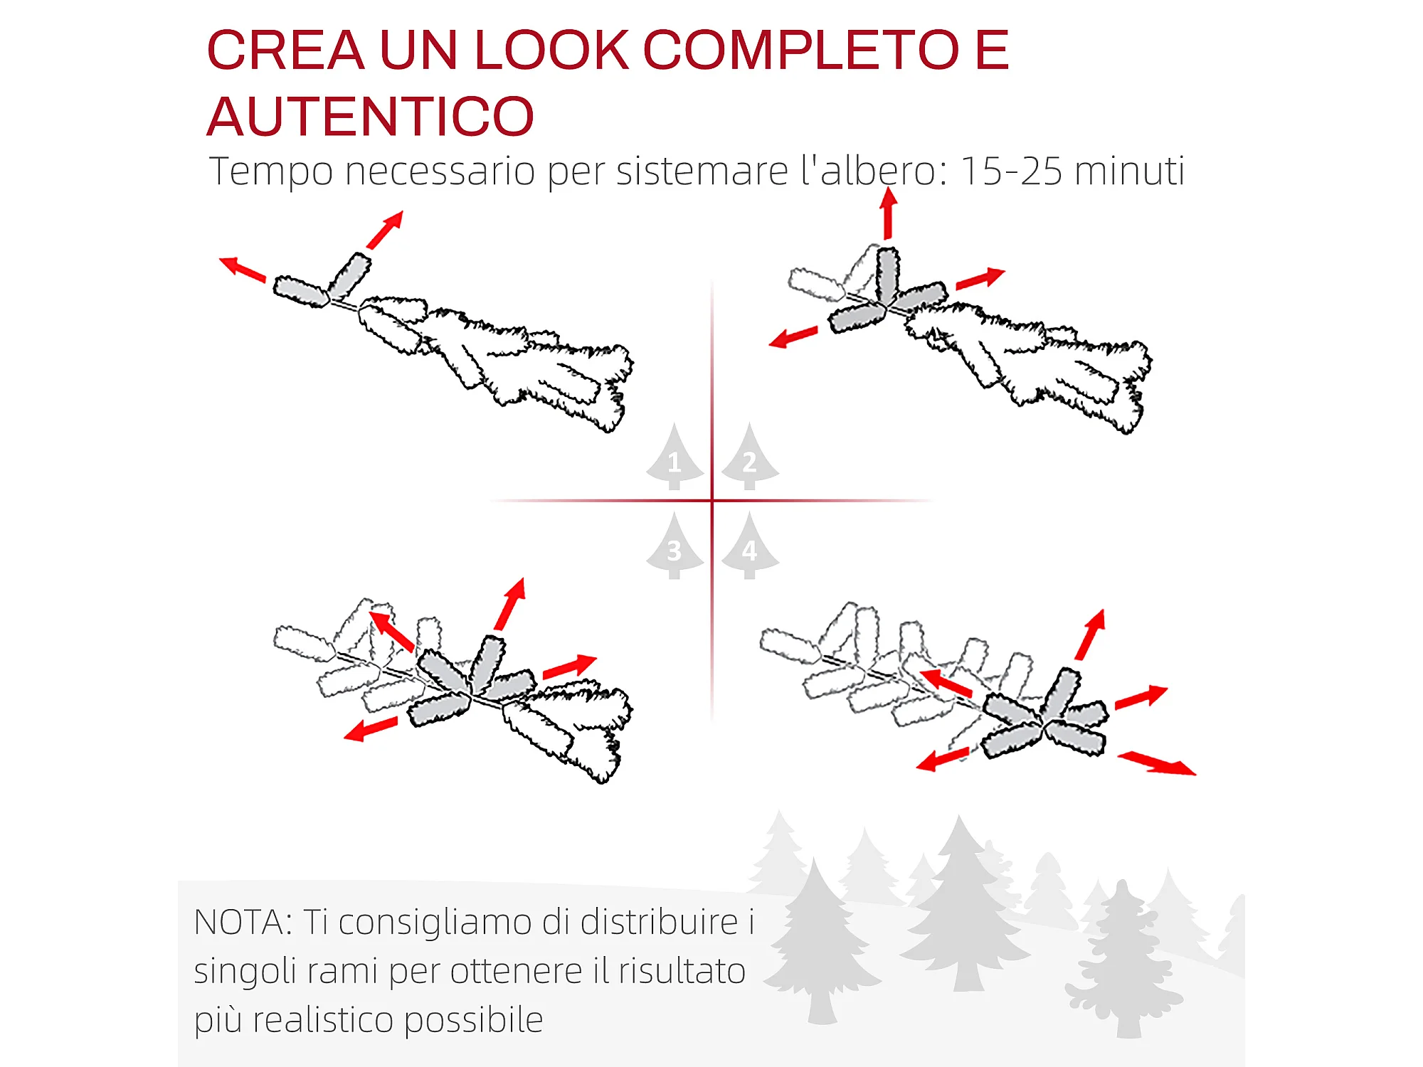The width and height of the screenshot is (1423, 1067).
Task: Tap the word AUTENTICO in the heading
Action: pyautogui.click(x=370, y=117)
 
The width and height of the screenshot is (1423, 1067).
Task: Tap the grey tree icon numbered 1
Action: pyautogui.click(x=675, y=457)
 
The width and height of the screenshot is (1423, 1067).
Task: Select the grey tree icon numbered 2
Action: pyautogui.click(x=750, y=457)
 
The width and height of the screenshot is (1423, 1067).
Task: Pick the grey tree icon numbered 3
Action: pyautogui.click(x=675, y=546)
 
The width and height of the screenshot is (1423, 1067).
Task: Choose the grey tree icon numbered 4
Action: pyautogui.click(x=750, y=546)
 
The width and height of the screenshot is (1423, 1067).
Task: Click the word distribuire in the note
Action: pyautogui.click(x=659, y=922)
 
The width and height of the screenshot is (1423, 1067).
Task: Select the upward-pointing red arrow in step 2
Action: pyautogui.click(x=888, y=213)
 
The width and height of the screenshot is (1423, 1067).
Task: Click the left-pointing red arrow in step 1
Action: pyautogui.click(x=242, y=268)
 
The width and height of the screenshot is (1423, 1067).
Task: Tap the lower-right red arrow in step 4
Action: pyautogui.click(x=1157, y=763)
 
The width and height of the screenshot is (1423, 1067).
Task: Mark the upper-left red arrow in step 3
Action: pyautogui.click(x=391, y=630)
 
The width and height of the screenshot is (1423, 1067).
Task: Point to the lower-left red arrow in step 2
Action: pyautogui.click(x=793, y=336)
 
